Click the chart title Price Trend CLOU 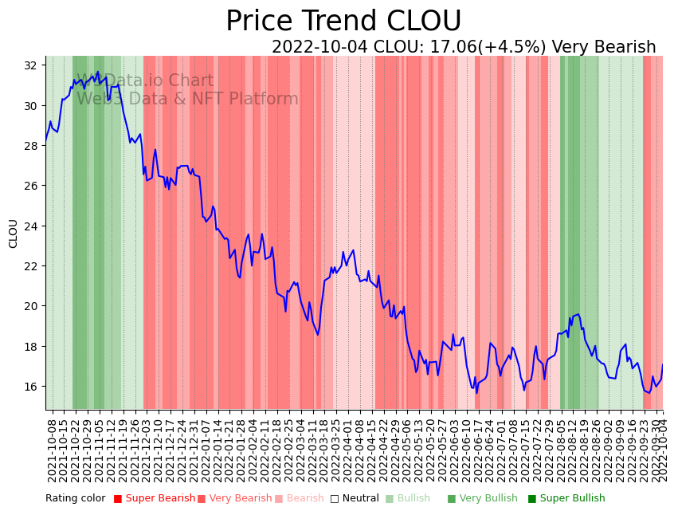pos(343,22)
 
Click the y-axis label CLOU pos(14,234)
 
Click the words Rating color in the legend pos(75,499)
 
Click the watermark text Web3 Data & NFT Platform pos(187,99)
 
